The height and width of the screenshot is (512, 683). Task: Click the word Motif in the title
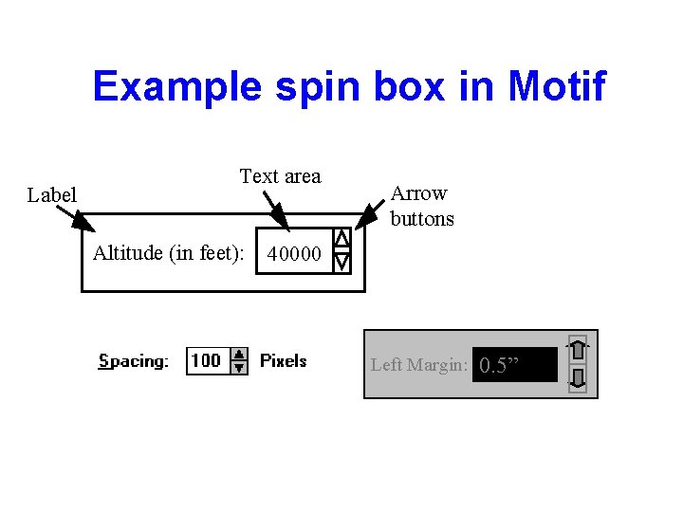pos(557,87)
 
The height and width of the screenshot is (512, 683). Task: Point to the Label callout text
pos(52,195)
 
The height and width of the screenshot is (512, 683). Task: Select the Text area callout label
pos(280,176)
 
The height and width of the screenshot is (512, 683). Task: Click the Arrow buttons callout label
pos(422,206)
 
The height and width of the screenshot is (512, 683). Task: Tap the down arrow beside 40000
pos(342,260)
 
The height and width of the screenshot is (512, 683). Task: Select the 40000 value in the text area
pos(295,254)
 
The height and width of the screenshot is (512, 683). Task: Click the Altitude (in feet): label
pos(169,253)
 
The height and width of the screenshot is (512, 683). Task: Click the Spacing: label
pos(134,361)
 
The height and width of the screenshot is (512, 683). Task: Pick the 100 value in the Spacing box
pos(206,360)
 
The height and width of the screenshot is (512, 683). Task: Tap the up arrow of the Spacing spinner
pos(240,354)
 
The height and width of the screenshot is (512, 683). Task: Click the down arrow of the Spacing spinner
pos(240,367)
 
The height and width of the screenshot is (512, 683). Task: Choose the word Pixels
pos(284,361)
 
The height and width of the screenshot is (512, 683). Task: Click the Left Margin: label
pos(418,365)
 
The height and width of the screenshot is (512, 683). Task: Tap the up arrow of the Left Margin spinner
pos(578,350)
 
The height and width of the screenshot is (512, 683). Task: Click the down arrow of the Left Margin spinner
pos(578,380)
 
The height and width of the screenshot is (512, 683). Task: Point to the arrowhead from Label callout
pos(85,225)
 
